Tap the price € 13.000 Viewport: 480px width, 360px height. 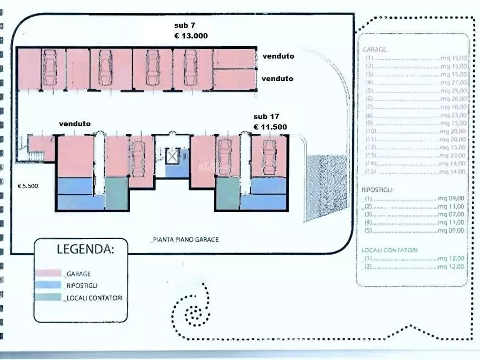pos(191,35)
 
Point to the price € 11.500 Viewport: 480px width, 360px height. pos(270,127)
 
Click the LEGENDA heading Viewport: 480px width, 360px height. pos(85,249)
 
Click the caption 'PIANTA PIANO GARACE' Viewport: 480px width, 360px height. pos(184,240)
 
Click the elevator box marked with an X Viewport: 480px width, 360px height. pos(173,156)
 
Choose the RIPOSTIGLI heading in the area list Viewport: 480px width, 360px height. pos(377,190)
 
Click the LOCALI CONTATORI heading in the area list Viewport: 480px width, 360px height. pos(390,250)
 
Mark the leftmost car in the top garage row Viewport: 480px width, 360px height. pos(50,68)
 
